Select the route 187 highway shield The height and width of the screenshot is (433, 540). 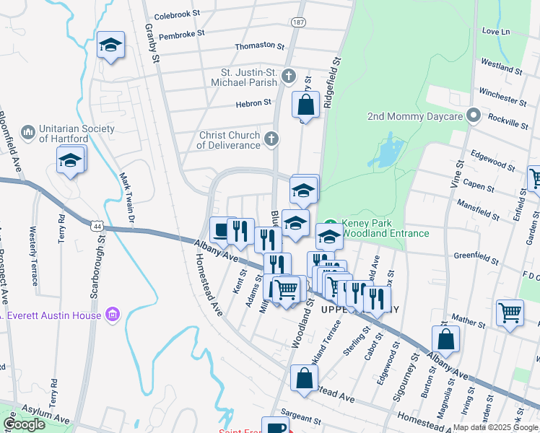point(297,23)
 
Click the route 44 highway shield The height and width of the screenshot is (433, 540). point(95,225)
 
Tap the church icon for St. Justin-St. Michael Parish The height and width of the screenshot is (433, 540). point(289,76)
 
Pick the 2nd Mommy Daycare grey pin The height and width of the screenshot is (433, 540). point(474,115)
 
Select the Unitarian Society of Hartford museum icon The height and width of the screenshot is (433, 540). point(28,132)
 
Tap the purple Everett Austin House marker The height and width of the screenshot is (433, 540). point(112,314)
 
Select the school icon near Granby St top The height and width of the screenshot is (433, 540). point(110,45)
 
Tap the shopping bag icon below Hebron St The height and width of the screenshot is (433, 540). point(305,104)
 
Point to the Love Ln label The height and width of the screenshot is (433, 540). point(496,31)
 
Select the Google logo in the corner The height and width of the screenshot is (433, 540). point(24,424)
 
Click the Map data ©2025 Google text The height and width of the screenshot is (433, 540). point(495,427)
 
